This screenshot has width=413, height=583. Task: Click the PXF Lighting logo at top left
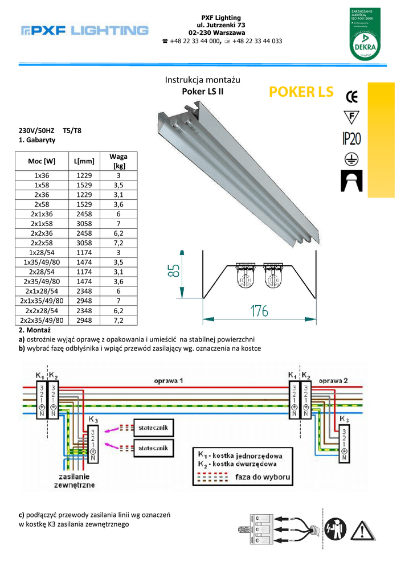pos(84,31)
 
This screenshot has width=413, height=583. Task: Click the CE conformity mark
pos(352,96)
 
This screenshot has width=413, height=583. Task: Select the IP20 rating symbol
pos(352,138)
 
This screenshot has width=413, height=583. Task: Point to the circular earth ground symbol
pos(351,158)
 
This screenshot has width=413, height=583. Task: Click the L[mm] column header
pos(84,161)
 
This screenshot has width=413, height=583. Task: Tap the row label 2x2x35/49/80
pos(42,321)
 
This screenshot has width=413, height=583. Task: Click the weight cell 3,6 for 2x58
pos(118,203)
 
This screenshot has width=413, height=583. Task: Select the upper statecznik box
pos(153,428)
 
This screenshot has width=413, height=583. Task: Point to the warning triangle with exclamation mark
pos(362,530)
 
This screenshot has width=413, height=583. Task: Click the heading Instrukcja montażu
pos(202,80)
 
